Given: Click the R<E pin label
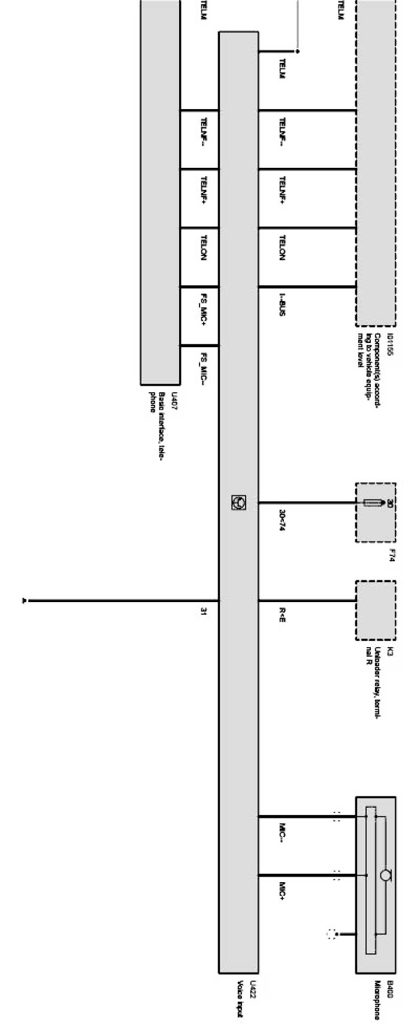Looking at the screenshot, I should (282, 615).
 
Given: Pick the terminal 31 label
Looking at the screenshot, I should (204, 612).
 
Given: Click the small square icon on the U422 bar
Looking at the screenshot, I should (238, 503).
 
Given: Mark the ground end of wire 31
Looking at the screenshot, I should (24, 600).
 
